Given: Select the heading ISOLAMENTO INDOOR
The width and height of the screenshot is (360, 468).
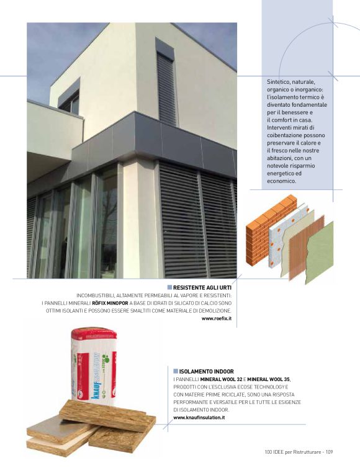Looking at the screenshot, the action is point(198,371).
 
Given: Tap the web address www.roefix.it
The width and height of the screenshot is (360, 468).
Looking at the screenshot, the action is point(217,318).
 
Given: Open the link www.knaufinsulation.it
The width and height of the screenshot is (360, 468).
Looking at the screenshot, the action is point(199,418).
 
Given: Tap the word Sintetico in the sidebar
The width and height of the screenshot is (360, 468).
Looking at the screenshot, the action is point(277,82).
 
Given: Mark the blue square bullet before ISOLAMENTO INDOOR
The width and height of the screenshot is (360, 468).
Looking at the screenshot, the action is point(176,371).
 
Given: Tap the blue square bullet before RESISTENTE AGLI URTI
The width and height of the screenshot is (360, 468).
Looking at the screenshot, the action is point(169,287).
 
